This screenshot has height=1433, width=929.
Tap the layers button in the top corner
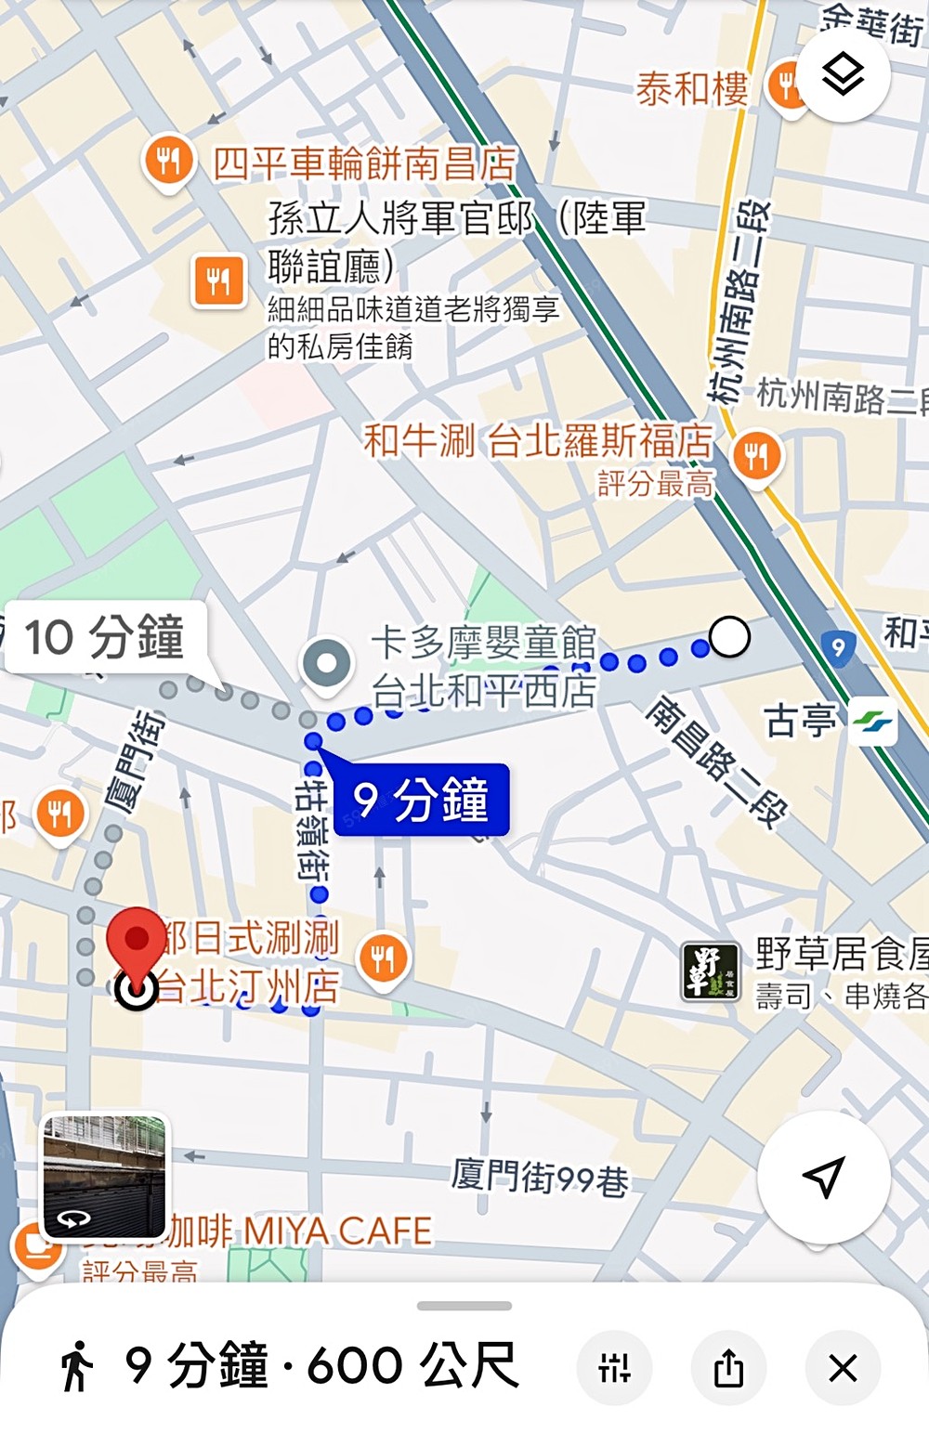844,74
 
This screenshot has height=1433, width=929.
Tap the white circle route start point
729,638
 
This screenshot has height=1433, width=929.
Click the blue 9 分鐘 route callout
421,800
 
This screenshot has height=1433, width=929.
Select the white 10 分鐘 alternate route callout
105,639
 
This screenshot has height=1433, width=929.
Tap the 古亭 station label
798,721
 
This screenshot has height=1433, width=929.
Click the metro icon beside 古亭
872,722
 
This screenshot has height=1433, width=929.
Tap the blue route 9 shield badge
838,647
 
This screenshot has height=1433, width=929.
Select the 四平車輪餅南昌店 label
364,164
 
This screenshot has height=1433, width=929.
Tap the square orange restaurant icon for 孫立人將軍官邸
219,280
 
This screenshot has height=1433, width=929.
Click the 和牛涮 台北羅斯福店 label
538,440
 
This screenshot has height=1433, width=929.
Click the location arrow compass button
824,1177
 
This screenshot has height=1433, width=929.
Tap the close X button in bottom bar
843,1368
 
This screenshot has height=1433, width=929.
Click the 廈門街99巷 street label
540,1179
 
